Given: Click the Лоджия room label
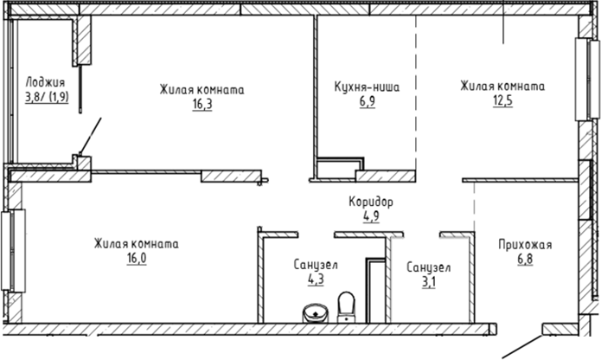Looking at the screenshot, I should click(47, 82).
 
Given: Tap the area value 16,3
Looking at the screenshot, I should click(202, 104).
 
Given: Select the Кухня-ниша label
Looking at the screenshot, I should click(367, 87).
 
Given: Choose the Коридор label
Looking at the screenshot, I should click(370, 202).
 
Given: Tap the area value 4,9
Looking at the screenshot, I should click(370, 216).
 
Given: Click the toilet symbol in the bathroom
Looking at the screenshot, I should click(346, 305).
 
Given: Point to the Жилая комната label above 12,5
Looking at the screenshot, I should click(502, 87).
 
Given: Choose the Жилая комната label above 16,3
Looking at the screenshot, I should click(202, 89).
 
